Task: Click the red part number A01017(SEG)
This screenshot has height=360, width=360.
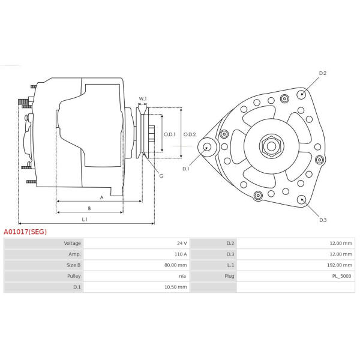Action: [x=25, y=232]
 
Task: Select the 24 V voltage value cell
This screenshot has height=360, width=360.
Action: [x=182, y=243]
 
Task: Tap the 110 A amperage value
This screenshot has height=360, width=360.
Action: [x=181, y=254]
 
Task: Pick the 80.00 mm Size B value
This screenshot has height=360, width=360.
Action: [x=176, y=265]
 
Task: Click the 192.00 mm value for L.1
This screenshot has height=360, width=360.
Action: [x=340, y=265]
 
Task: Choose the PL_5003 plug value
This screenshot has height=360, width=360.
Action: [x=342, y=276]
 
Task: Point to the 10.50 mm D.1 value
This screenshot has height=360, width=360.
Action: [x=176, y=287]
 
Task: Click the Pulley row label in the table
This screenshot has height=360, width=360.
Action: [x=74, y=276]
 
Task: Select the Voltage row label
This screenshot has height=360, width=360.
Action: [x=73, y=244]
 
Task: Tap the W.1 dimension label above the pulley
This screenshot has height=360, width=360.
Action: [x=143, y=99]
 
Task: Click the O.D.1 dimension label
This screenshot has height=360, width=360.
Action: [x=170, y=134]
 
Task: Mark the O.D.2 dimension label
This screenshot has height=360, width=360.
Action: [x=190, y=134]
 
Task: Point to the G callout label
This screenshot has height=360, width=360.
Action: [x=161, y=176]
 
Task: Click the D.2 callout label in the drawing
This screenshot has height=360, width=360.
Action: [x=323, y=73]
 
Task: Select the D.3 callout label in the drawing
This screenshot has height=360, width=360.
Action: [x=323, y=220]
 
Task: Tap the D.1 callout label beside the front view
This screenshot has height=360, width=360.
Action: [x=185, y=169]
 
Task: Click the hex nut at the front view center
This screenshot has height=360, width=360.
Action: [x=271, y=146]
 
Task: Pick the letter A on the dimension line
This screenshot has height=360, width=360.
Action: [x=102, y=197]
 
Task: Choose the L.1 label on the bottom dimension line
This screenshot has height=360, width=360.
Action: [x=85, y=220]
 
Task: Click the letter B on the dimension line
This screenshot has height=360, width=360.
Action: [x=89, y=208]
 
